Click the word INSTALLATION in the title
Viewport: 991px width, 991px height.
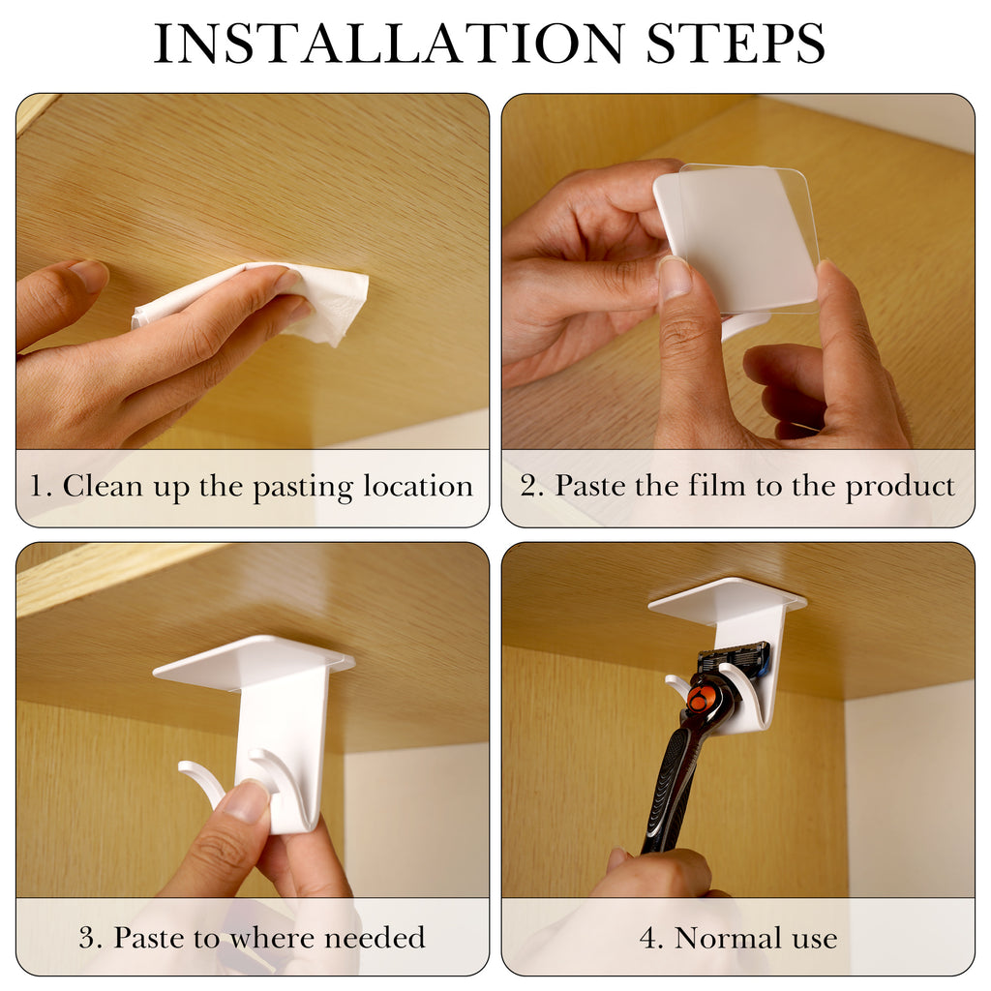coord(389,44)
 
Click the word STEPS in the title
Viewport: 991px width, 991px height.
coord(736,44)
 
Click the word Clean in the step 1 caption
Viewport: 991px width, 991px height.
coord(103,486)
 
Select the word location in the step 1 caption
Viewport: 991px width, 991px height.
coord(418,486)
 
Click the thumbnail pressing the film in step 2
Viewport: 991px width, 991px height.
coord(675,278)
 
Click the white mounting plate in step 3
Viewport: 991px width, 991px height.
coord(255,663)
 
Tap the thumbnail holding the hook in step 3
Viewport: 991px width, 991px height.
coord(245,800)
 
